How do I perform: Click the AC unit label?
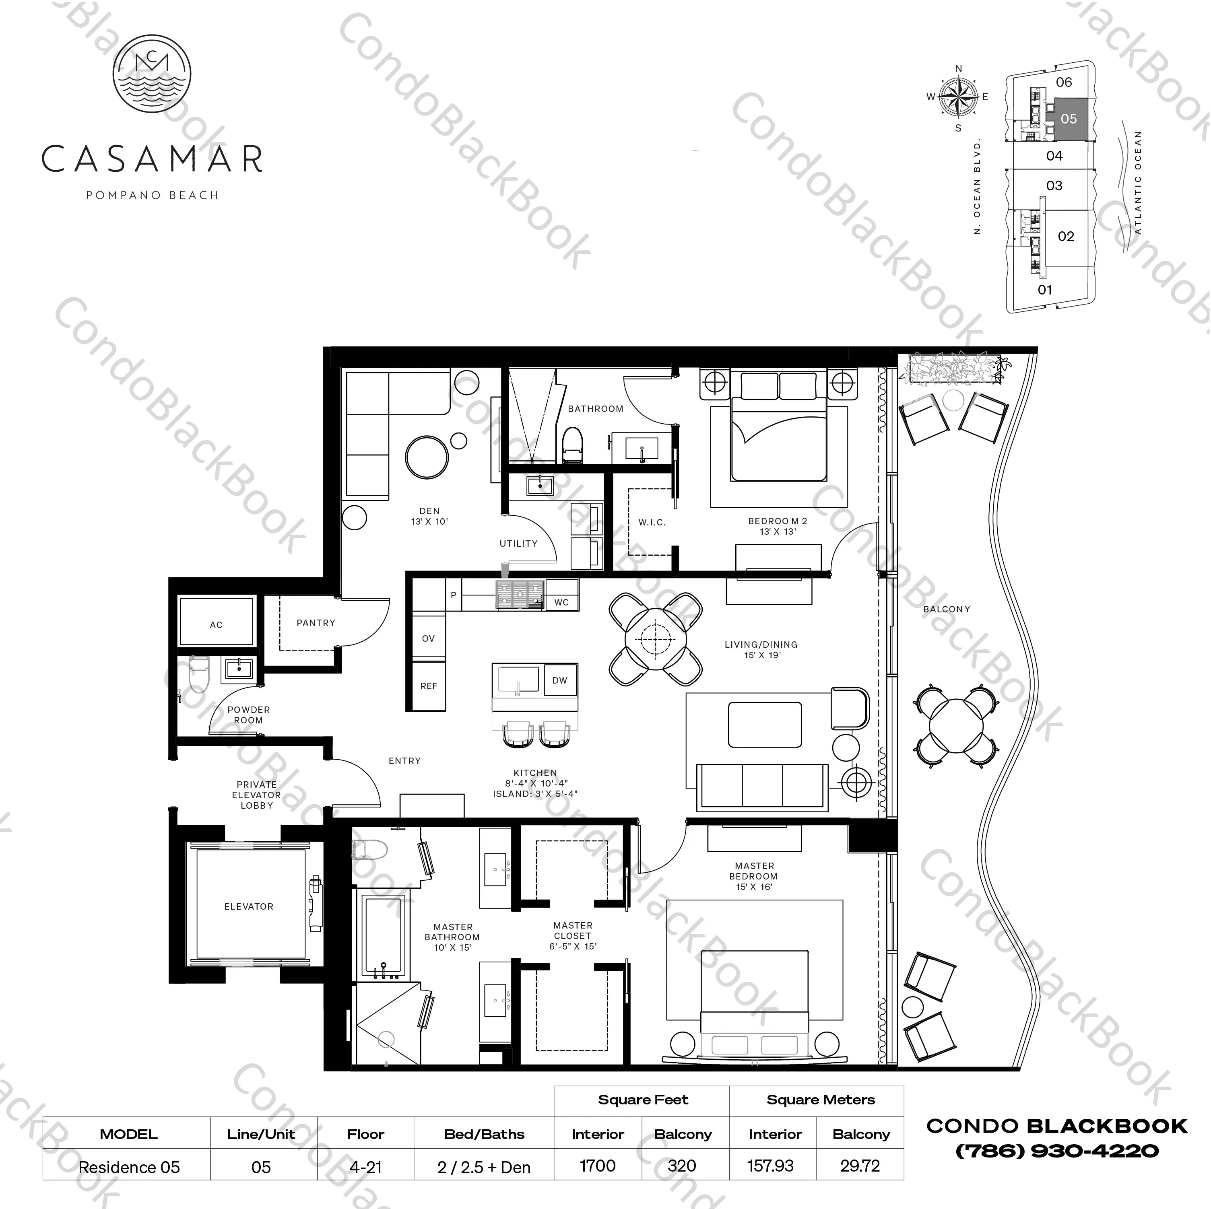pyautogui.click(x=216, y=625)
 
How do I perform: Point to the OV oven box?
pyautogui.click(x=428, y=638)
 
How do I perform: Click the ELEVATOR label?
pyautogui.click(x=249, y=906)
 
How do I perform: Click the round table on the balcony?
pyautogui.click(x=956, y=726)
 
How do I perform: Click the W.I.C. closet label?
pyautogui.click(x=652, y=522)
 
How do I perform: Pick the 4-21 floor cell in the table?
pyautogui.click(x=365, y=1167)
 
